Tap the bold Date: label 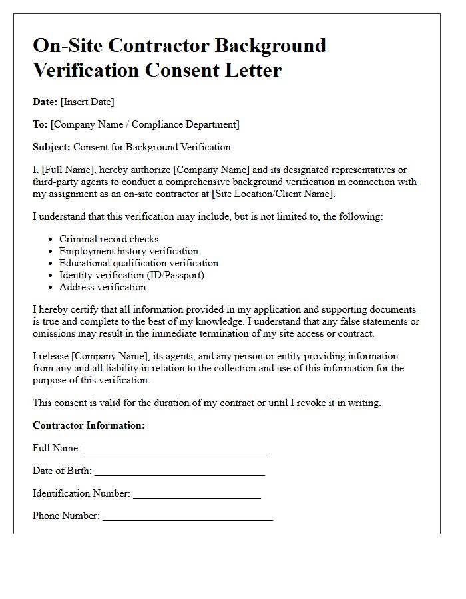pos(45,102)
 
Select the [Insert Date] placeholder pos(87,102)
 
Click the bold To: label pos(40,124)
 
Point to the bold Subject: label pos(51,147)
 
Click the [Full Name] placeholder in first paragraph pos(67,170)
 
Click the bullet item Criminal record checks pos(109,239)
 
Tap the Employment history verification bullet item pos(128,251)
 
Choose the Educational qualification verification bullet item pos(138,263)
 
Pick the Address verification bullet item pos(103,287)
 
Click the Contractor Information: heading pos(89,425)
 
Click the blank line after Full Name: pos(176,449)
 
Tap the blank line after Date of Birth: pos(180,472)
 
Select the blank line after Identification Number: pos(197,495)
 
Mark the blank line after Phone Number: pos(188,517)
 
